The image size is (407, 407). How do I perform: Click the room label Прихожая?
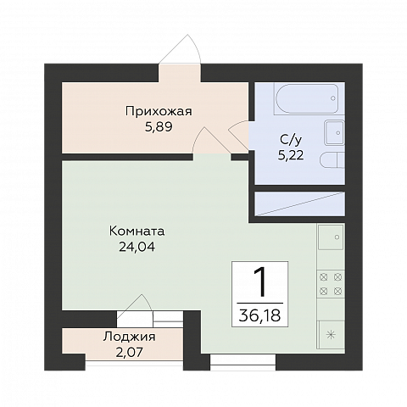click(x=159, y=112)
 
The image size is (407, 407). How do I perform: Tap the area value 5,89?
click(x=159, y=127)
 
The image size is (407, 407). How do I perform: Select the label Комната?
click(x=137, y=231)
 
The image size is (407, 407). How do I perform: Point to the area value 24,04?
click(x=137, y=248)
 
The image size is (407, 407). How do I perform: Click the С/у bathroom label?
click(x=291, y=140)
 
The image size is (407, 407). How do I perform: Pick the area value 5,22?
click(x=291, y=155)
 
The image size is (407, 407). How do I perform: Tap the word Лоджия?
click(x=129, y=337)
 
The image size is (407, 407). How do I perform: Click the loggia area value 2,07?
click(x=129, y=353)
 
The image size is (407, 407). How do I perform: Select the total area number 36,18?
click(x=259, y=315)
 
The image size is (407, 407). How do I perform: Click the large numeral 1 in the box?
click(x=260, y=282)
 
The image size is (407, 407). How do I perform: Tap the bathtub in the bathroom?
click(x=307, y=98)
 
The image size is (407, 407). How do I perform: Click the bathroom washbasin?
click(x=335, y=132)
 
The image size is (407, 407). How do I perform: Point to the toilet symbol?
click(x=332, y=160)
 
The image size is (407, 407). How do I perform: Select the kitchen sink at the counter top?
click(x=331, y=237)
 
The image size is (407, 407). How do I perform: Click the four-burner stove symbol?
click(x=331, y=284)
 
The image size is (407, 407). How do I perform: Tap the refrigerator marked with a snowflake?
click(x=331, y=335)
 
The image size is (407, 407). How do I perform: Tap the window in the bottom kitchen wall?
click(x=243, y=362)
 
